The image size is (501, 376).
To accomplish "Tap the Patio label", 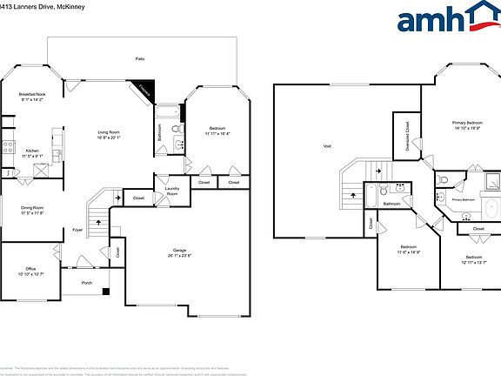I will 139,58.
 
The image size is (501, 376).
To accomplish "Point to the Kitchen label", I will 32,152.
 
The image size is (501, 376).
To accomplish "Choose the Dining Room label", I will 32,210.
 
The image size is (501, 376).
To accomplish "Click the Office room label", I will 30,272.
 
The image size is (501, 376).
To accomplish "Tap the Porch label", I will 86,283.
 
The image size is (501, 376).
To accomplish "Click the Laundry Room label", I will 172,191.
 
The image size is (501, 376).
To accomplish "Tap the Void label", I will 327,146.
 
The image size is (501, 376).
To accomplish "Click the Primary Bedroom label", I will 467,125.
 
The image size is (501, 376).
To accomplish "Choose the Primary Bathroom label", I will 463,199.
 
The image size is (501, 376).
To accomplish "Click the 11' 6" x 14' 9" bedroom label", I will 409,250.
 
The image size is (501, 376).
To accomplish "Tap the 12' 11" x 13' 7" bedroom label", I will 473,259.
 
